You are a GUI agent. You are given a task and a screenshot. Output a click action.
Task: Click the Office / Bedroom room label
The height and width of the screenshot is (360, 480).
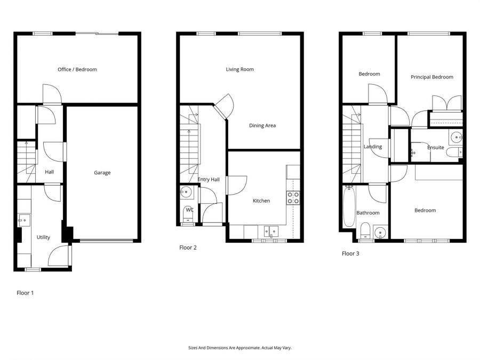pos(77,69)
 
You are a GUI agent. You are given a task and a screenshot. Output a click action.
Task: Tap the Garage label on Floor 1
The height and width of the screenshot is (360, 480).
pos(102,173)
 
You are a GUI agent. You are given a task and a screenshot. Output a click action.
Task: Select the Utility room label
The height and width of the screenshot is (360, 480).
pos(43,237)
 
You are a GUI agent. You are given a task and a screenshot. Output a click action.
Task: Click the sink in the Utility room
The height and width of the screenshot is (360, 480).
pos(24,220)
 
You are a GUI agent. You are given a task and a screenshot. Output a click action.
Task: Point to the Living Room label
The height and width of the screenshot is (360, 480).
pos(239,69)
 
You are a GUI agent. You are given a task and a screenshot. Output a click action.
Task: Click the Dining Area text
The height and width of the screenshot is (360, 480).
pos(262,126)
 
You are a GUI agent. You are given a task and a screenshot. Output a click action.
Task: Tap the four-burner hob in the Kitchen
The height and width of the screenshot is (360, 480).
pos(293,198)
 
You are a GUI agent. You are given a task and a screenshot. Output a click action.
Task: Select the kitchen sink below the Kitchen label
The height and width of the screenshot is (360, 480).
pos(270,231)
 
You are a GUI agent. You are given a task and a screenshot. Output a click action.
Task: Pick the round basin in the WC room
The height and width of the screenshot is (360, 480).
pos(187,193)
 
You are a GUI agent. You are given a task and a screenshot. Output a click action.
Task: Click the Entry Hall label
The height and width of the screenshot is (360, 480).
pos(209,180)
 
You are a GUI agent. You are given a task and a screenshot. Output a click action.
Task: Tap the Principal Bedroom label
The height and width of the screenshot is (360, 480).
pos(431,77)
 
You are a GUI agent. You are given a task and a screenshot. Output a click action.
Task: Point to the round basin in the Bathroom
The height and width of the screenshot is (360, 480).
pos(380,233)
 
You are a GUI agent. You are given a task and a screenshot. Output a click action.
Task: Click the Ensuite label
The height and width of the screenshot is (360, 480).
pos(435,148)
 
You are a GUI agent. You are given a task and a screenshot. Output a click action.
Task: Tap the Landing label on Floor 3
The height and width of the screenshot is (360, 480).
pos(372,147)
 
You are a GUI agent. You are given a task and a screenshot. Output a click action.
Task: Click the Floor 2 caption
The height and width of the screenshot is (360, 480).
pos(188,247)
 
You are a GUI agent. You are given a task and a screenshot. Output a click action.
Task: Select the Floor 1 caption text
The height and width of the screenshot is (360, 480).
pos(25,293)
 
